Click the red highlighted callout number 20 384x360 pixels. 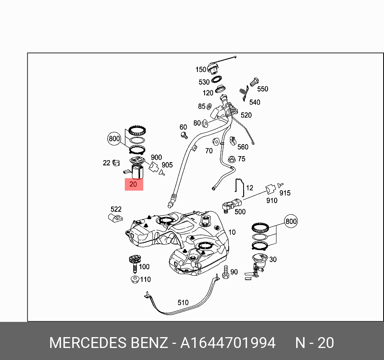pyautogui.click(x=133, y=185)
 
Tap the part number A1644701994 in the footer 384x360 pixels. pyautogui.click(x=228, y=343)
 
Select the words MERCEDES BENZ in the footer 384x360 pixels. pyautogui.click(x=108, y=343)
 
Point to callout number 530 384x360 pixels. pyautogui.click(x=204, y=82)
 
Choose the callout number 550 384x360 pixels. pyautogui.click(x=262, y=89)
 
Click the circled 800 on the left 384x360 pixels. pyautogui.click(x=114, y=139)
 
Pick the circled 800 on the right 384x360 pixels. pyautogui.click(x=291, y=221)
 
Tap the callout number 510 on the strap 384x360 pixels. pyautogui.click(x=183, y=302)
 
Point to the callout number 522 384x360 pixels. pyautogui.click(x=116, y=209)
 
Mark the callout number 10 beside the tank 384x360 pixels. pyautogui.click(x=232, y=232)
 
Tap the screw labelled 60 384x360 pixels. pyautogui.click(x=184, y=135)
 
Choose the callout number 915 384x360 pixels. pyautogui.click(x=284, y=193)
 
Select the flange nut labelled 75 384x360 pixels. pyautogui.click(x=232, y=159)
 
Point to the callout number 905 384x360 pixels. pyautogui.click(x=167, y=165)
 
